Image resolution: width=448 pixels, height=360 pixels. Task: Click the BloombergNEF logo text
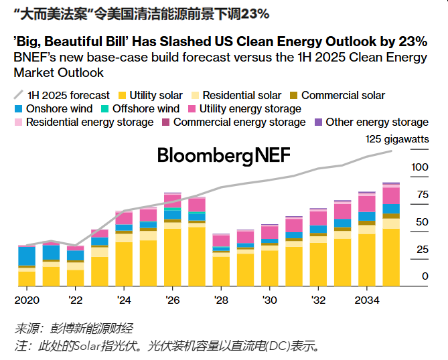pos(224,156)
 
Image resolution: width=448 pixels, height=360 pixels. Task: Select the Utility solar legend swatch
pos(121,96)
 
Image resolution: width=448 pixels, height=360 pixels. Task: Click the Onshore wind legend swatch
pos(19,108)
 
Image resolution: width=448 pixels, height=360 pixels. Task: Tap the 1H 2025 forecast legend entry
pos(62,96)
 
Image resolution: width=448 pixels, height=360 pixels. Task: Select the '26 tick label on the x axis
pos(173,299)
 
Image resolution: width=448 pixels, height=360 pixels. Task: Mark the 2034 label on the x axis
pos(366,299)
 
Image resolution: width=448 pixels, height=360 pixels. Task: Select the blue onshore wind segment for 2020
pos(27,256)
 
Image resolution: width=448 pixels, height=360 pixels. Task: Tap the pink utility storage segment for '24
pos(124,218)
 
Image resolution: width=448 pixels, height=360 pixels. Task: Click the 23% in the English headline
pos(409,40)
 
